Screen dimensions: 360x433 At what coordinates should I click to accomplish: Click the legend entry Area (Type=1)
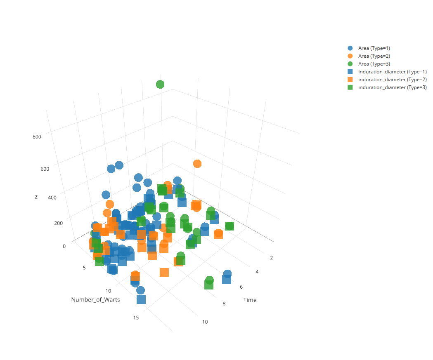point(374,48)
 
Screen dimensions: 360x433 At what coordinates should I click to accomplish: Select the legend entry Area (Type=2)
point(374,56)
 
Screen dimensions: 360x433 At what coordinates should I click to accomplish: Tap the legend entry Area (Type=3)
point(374,64)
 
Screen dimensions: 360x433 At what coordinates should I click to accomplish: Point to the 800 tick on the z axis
point(37,137)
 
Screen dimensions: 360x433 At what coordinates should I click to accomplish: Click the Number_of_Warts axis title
point(95,300)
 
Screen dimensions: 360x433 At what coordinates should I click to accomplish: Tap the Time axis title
point(250,300)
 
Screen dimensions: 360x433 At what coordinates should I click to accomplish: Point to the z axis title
point(36,197)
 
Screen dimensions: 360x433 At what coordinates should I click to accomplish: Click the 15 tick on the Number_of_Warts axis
point(136,318)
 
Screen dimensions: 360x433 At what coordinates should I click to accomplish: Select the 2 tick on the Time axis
point(272,258)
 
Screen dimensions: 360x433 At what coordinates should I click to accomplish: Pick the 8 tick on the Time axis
point(224,304)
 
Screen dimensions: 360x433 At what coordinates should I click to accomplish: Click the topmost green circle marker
point(160,85)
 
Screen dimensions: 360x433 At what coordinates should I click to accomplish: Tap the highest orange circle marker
point(197,164)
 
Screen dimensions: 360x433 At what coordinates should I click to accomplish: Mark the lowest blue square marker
point(141,299)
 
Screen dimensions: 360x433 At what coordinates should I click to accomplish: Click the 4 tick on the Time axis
point(257,272)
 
